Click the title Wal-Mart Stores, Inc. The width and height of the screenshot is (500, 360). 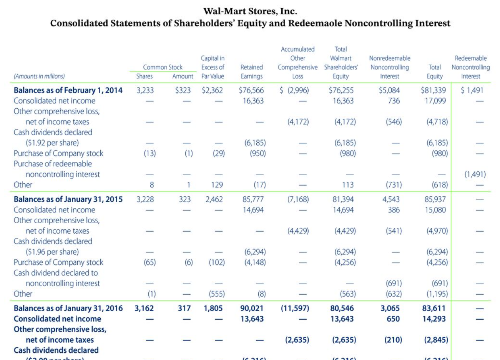click(x=250, y=11)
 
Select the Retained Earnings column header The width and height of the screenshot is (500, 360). click(x=251, y=72)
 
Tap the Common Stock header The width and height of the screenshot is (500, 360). click(x=163, y=67)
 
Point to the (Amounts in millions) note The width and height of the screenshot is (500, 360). click(x=39, y=76)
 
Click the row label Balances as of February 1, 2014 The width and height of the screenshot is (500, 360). click(x=68, y=90)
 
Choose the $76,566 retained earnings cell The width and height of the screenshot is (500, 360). click(x=251, y=90)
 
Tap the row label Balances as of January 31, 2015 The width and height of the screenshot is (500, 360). click(x=68, y=199)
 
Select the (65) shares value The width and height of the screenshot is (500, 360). click(x=150, y=262)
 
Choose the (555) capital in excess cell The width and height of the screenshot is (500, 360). click(x=217, y=294)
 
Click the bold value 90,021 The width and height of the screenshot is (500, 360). click(x=252, y=309)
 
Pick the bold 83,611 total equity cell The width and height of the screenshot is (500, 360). click(x=434, y=309)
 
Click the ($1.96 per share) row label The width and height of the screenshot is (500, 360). click(x=52, y=252)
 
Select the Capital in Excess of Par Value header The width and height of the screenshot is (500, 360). click(x=213, y=67)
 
